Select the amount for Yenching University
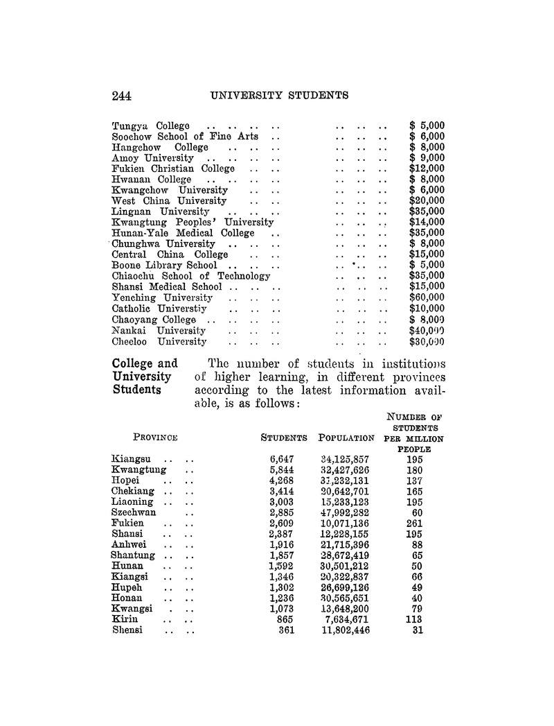427,297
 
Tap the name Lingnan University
161,211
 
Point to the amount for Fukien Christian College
427,168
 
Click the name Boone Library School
164,265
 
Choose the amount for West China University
427,201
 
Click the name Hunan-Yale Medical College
183,233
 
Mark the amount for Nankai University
427,331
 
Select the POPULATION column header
346,438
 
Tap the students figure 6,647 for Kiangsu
283,459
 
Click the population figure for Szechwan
342,513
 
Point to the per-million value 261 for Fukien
414,524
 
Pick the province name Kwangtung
138,470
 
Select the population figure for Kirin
344,620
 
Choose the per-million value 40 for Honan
416,598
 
